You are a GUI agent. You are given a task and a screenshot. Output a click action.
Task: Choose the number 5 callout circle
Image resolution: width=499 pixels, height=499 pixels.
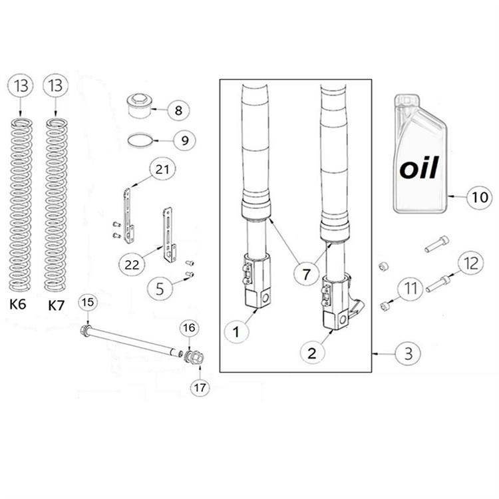point(160,289)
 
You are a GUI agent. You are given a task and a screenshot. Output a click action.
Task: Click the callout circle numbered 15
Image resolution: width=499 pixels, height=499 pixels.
point(87,303)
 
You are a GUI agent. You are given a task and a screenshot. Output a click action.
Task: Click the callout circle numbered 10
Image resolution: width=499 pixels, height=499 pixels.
point(477,198)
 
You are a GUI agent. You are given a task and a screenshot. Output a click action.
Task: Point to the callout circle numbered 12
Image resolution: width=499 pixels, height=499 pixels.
point(470,264)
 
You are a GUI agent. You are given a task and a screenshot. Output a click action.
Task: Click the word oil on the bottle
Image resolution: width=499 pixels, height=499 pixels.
point(419,168)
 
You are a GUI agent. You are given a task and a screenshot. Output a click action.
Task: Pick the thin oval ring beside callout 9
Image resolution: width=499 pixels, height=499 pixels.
point(141,140)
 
